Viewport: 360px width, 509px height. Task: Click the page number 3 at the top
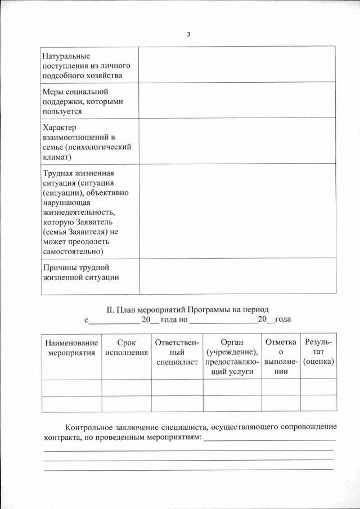point(188,34)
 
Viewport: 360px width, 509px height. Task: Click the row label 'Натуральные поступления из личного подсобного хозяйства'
point(82,66)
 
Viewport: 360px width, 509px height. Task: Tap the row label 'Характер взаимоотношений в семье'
point(87,142)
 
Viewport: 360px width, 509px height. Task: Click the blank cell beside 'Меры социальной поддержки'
point(237,101)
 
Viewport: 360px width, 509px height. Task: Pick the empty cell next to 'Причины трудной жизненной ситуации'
point(237,276)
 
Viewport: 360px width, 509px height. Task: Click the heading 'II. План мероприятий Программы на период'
point(188,309)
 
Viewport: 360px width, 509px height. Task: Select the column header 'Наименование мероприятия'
point(71,347)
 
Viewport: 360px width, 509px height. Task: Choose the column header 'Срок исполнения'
point(127,347)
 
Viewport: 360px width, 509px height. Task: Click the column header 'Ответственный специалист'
point(177,352)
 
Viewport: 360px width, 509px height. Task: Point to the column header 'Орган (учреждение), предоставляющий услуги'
point(232,357)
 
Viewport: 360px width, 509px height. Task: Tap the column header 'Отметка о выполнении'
point(281,357)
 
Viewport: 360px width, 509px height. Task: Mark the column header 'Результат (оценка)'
point(318,352)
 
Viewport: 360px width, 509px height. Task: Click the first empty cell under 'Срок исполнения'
point(127,388)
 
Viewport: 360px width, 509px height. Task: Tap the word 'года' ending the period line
point(282,319)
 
